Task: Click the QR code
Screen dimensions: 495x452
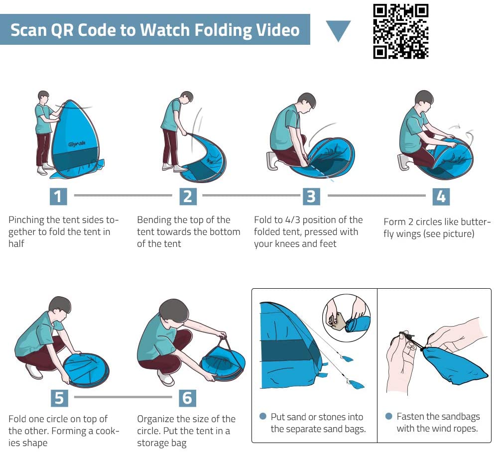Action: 400,31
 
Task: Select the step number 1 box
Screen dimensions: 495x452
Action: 58,196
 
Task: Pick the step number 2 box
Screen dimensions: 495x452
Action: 188,196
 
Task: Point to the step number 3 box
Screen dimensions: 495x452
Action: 311,196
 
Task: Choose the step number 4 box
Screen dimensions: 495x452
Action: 441,197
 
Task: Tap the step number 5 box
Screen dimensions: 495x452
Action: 59,398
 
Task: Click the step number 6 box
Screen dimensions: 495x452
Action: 188,398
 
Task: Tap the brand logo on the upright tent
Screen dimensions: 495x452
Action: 77,144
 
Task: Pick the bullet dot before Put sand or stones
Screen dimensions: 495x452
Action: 262,416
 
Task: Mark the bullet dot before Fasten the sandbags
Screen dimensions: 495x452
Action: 389,416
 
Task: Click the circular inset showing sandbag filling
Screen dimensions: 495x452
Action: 346,318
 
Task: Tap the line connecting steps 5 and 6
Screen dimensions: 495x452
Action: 123,397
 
